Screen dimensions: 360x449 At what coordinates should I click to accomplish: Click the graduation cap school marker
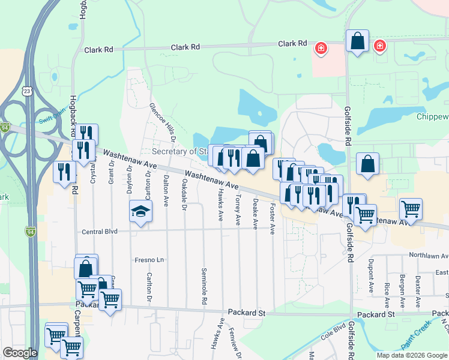pyautogui.click(x=140, y=212)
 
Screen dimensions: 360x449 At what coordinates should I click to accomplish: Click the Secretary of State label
pyautogui.click(x=179, y=151)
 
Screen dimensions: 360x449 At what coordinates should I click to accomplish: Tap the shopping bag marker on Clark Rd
pyautogui.click(x=357, y=42)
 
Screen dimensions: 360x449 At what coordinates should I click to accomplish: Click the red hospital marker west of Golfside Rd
pyautogui.click(x=321, y=47)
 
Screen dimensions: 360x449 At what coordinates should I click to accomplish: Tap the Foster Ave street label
pyautogui.click(x=273, y=219)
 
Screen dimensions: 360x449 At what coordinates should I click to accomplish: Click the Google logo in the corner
pyautogui.click(x=20, y=353)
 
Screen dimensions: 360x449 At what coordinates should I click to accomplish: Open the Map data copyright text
pyautogui.click(x=411, y=355)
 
